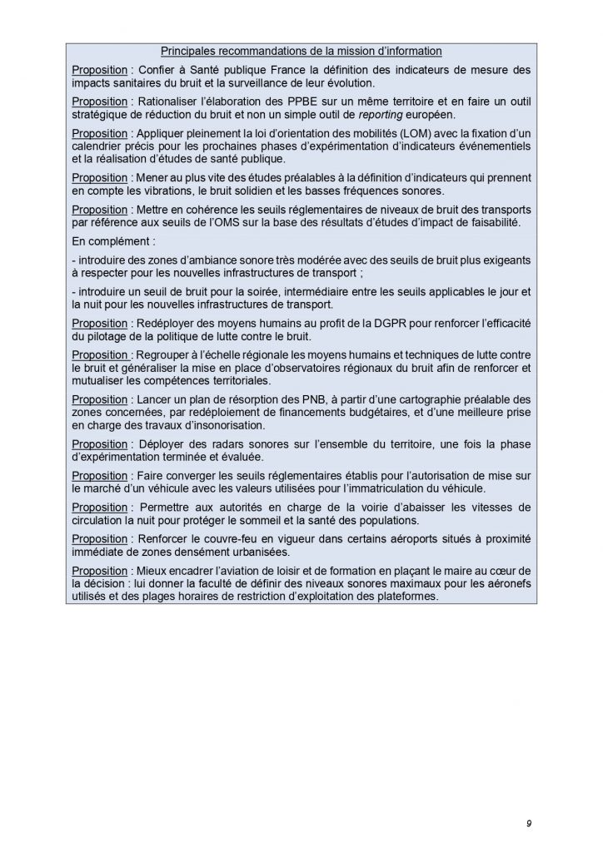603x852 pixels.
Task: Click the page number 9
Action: (530, 823)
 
